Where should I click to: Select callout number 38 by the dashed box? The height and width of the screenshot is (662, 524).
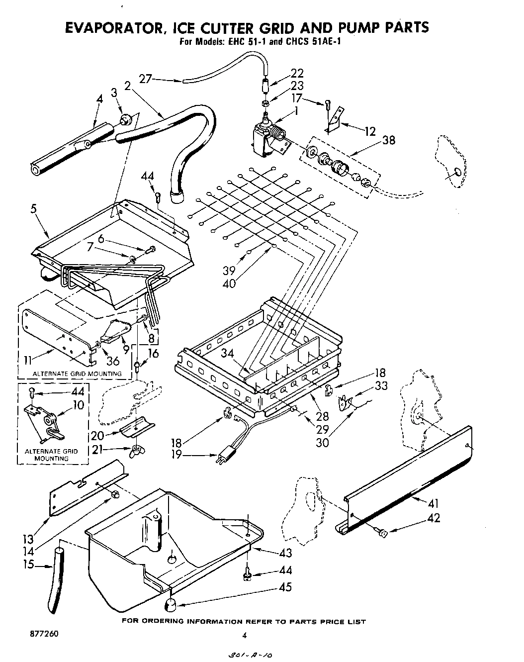tap(388, 140)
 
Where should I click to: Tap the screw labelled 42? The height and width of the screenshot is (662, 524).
tap(381, 533)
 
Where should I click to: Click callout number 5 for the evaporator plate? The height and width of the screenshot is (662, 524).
tap(34, 209)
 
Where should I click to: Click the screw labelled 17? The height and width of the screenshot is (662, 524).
tap(327, 104)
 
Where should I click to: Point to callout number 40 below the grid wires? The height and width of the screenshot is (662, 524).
tap(230, 284)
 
